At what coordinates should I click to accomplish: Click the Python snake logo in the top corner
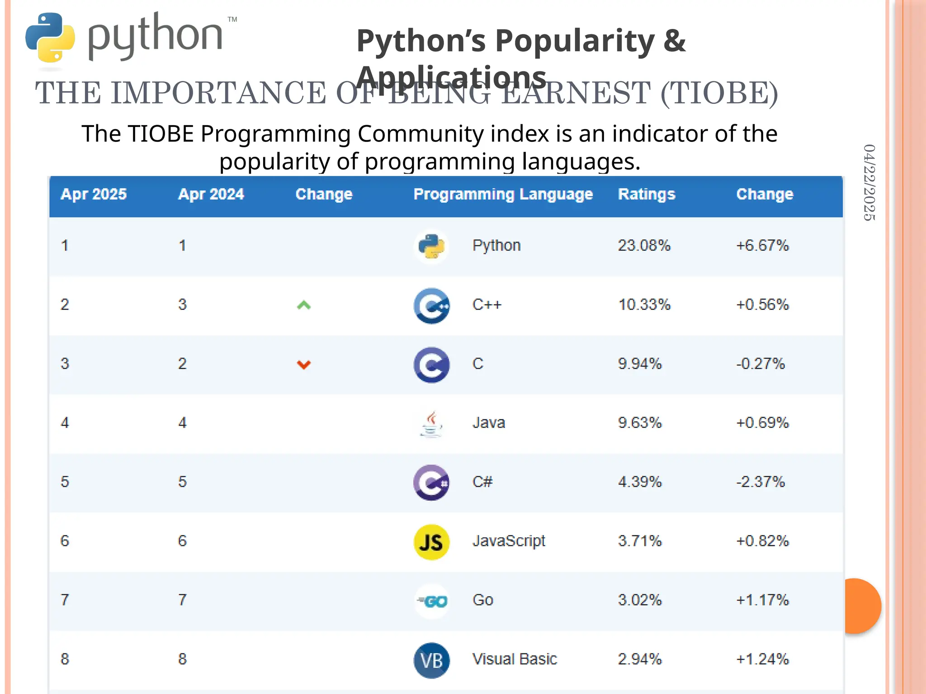[x=50, y=38]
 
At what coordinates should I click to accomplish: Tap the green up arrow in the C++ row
[x=304, y=305]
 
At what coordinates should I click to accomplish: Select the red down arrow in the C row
[x=304, y=364]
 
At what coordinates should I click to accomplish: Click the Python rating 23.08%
[x=644, y=245]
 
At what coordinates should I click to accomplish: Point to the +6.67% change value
[x=762, y=245]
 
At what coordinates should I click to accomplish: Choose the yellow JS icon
[x=431, y=542]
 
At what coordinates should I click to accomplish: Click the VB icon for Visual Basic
[x=431, y=660]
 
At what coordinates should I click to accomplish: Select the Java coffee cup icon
[x=431, y=424]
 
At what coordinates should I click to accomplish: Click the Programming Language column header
[x=503, y=194]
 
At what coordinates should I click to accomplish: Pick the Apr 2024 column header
[x=211, y=194]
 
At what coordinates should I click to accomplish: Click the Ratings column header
[x=647, y=194]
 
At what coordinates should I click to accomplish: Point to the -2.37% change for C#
[x=761, y=482]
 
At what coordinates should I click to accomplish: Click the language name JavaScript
[x=509, y=541]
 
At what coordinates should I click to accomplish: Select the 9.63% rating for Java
[x=640, y=423]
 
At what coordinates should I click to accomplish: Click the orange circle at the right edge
[x=862, y=606]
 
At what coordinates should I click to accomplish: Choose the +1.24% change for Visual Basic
[x=762, y=659]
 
